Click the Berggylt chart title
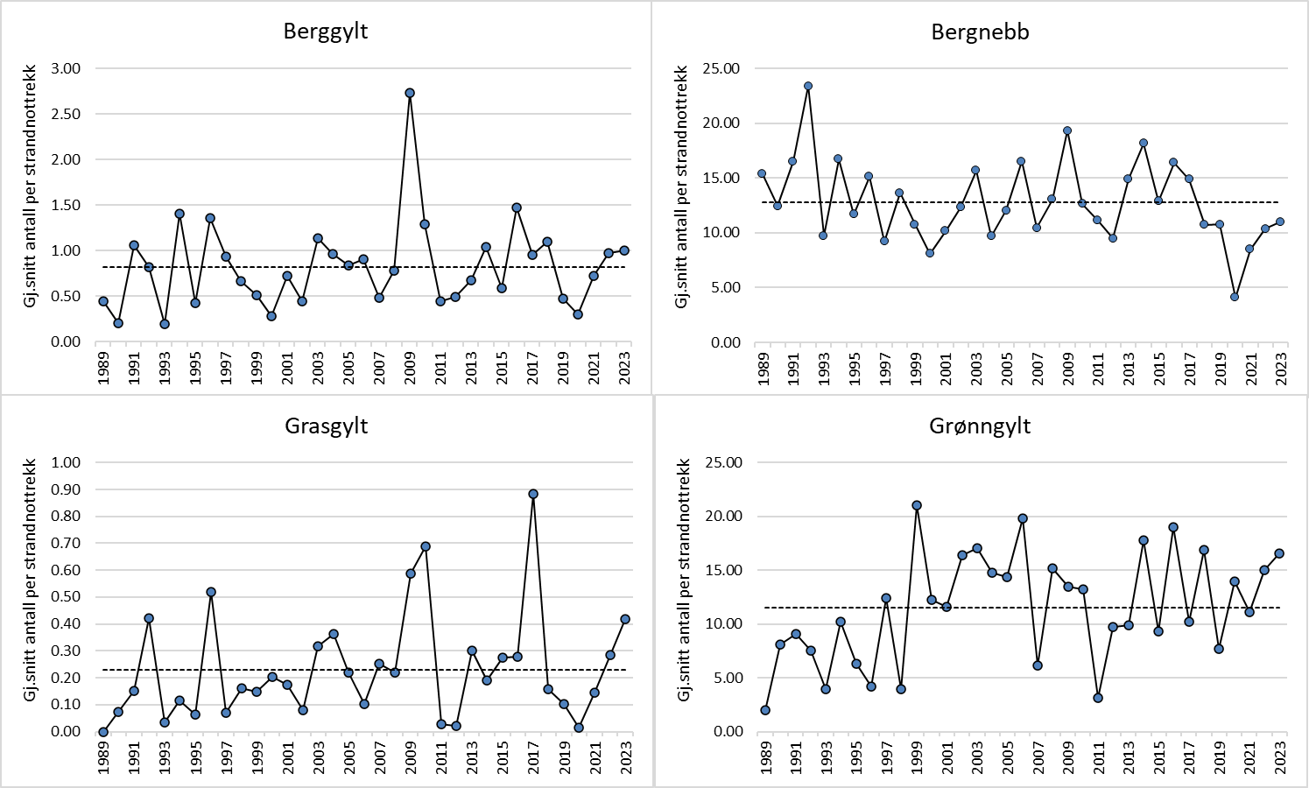[x=326, y=32]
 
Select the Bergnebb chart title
[x=980, y=32]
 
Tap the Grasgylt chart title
[x=326, y=426]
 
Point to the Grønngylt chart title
[x=980, y=426]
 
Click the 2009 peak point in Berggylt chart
[x=410, y=93]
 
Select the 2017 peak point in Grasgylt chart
[x=533, y=494]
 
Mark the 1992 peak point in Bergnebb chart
[x=808, y=86]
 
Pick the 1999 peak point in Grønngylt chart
[x=917, y=505]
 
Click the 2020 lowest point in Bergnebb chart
[x=1235, y=297]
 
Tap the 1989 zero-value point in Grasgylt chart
[x=103, y=732]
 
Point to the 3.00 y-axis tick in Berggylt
[x=66, y=68]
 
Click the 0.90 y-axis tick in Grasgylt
[x=66, y=489]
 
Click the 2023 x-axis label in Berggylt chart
[x=625, y=368]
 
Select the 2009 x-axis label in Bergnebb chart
[x=1068, y=369]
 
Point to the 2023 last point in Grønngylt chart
[x=1280, y=553]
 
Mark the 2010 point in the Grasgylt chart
[x=426, y=546]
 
